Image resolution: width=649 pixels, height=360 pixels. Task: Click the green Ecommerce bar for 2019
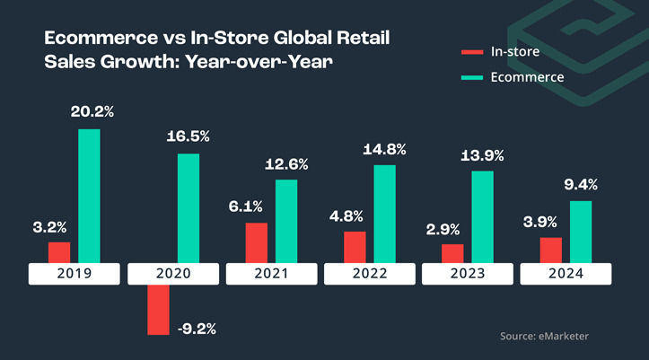(x=89, y=196)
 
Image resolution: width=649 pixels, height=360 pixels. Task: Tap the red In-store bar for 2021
(x=256, y=242)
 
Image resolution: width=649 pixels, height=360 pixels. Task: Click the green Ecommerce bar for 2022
(x=385, y=214)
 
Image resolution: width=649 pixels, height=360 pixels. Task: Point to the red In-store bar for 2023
(x=452, y=253)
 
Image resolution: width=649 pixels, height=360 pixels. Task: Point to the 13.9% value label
(x=482, y=155)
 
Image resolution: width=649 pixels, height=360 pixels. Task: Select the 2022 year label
(x=370, y=274)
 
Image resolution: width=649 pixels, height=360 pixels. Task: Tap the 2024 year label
(x=567, y=274)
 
